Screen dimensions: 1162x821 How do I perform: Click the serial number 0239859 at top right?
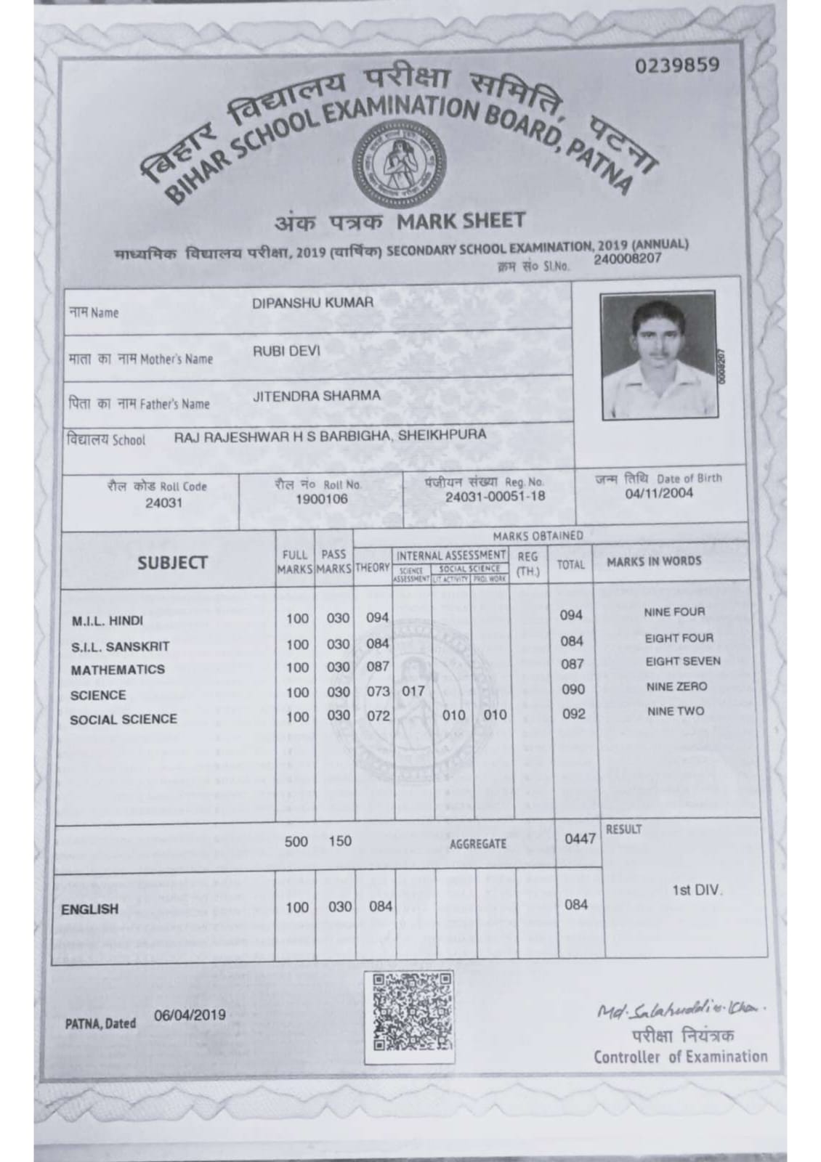click(676, 65)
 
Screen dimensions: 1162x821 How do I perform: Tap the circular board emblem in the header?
click(392, 161)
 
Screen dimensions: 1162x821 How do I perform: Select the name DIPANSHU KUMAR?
click(312, 303)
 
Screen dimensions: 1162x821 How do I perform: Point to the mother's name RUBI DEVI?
click(286, 351)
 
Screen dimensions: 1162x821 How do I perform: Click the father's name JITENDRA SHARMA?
click(316, 396)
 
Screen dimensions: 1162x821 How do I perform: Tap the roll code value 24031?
click(163, 503)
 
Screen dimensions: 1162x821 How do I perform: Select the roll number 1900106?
click(321, 499)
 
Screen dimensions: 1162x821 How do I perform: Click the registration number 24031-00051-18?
click(495, 497)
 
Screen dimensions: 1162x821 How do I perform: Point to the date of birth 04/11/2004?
click(659, 493)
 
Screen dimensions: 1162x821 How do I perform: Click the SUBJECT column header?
click(172, 562)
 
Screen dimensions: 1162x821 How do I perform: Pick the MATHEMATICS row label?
click(118, 670)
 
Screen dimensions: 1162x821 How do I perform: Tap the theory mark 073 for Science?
click(378, 691)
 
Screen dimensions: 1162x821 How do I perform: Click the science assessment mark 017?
click(413, 691)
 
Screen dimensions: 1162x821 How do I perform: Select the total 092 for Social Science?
click(573, 714)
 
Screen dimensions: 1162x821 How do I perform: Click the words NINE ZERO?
click(676, 686)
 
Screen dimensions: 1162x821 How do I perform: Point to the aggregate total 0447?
click(580, 839)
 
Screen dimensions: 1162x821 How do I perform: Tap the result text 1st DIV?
click(697, 890)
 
